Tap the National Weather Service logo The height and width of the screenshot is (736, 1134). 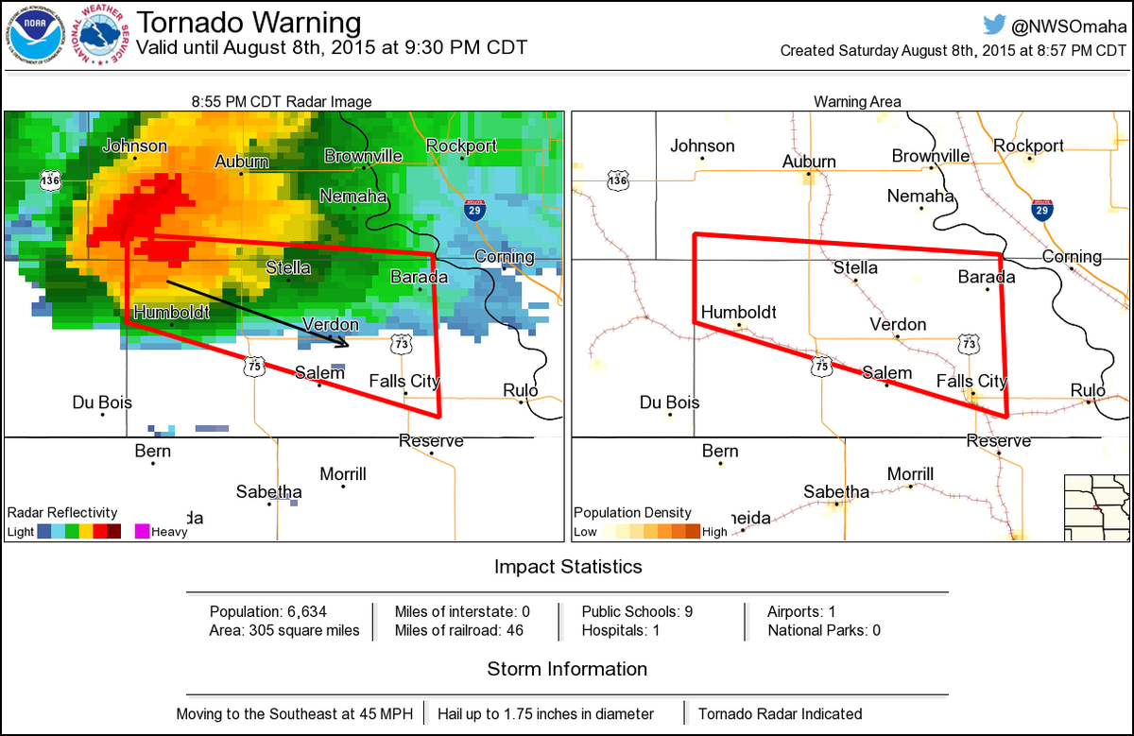click(x=103, y=37)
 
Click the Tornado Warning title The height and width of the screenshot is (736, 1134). click(x=249, y=22)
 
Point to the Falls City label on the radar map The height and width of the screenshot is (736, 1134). click(x=404, y=381)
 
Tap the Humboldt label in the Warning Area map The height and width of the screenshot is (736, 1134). click(x=738, y=313)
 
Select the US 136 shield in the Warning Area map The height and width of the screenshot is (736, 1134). click(x=617, y=180)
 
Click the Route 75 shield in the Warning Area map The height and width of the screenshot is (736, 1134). click(x=822, y=365)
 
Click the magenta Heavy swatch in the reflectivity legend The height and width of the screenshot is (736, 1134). click(x=142, y=531)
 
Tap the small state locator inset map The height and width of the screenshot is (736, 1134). click(x=1096, y=506)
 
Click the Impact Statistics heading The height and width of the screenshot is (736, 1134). click(x=568, y=567)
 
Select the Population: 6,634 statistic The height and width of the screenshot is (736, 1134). click(x=268, y=611)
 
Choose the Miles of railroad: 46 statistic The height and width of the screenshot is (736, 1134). click(x=458, y=630)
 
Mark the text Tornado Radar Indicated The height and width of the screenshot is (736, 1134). click(x=780, y=713)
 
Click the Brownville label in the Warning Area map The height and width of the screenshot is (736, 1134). click(x=931, y=156)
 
